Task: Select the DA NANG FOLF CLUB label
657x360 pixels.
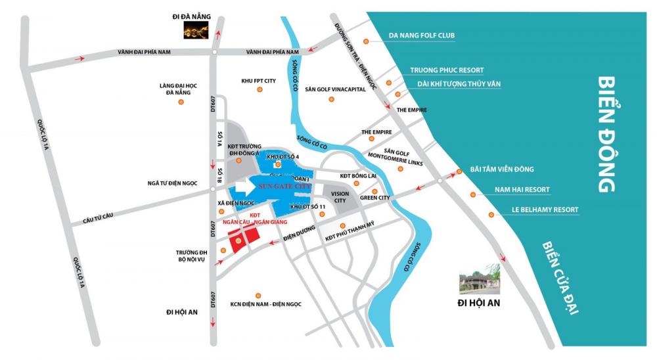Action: tap(421, 35)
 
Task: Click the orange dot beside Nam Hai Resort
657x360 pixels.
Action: tap(472, 194)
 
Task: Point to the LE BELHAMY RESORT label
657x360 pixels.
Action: tap(545, 210)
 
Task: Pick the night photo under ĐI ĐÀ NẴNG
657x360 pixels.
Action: tap(196, 30)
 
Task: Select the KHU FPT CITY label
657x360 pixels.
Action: tap(258, 81)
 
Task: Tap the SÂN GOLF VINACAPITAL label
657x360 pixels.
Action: tap(335, 89)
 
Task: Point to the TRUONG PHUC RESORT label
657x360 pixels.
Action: tap(447, 70)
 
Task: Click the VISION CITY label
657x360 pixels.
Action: tap(340, 197)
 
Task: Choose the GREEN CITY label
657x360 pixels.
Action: tap(375, 198)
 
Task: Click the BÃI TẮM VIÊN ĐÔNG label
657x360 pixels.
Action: tap(501, 169)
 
